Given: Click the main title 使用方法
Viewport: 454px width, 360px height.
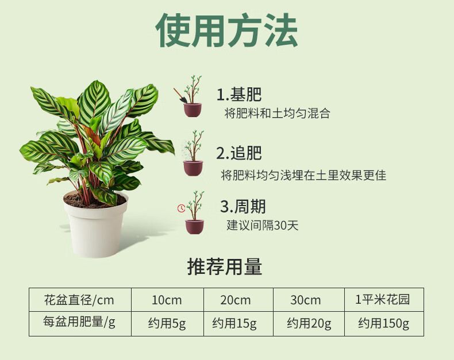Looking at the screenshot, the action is [x=226, y=30].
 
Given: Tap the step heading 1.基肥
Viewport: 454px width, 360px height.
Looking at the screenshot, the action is [x=239, y=94].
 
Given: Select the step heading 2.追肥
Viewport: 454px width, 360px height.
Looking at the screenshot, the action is [x=239, y=153].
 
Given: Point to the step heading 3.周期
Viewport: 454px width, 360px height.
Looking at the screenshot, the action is [x=243, y=206].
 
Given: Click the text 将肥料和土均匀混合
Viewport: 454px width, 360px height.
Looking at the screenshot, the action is [x=277, y=113].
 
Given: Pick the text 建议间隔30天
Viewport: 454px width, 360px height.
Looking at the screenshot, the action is [x=262, y=225].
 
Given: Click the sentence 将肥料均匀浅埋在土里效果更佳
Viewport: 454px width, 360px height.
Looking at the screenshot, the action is [x=303, y=175].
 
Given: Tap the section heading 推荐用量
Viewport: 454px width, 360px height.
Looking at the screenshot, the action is [x=225, y=266].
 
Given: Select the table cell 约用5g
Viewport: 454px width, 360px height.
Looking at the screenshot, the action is [x=167, y=323].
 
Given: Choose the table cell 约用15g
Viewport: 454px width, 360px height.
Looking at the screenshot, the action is [x=234, y=323].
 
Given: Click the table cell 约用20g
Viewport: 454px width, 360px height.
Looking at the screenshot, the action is [x=309, y=323].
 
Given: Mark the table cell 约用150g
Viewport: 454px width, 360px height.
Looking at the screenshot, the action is [x=384, y=323].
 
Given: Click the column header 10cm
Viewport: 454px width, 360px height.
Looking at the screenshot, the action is [x=167, y=300].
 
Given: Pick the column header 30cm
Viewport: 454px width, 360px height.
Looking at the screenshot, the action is [x=306, y=300].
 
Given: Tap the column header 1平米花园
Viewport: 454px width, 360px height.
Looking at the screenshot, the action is [x=383, y=300].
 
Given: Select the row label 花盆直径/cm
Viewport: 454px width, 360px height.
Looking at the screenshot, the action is [x=79, y=300].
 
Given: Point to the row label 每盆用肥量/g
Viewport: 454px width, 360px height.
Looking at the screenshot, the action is [x=79, y=322].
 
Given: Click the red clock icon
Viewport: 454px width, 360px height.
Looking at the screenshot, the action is [x=181, y=208].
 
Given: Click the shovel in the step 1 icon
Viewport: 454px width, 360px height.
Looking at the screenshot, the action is [x=180, y=95].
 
